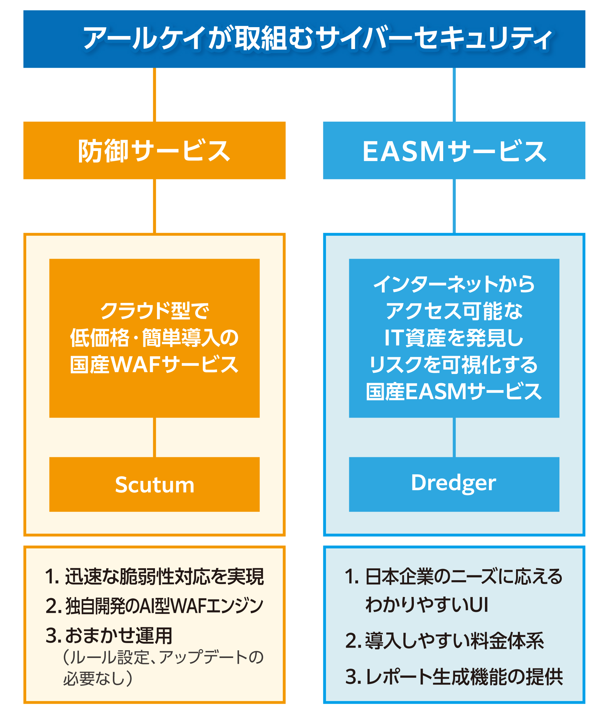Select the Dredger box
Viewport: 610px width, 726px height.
454,484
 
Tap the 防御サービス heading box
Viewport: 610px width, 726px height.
154,150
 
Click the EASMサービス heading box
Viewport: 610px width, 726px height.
454,150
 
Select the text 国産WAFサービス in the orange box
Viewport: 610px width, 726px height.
154,365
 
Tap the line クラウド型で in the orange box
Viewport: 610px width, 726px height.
154,311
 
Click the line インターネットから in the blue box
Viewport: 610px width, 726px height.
454,284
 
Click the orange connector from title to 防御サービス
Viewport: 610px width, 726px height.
154,95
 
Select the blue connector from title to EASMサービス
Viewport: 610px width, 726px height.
454,95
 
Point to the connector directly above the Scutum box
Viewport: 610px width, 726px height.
154,437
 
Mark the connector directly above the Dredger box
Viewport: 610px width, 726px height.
454,437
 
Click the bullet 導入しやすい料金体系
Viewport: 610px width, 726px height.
454,641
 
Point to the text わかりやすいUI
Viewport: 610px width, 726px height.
427,605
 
